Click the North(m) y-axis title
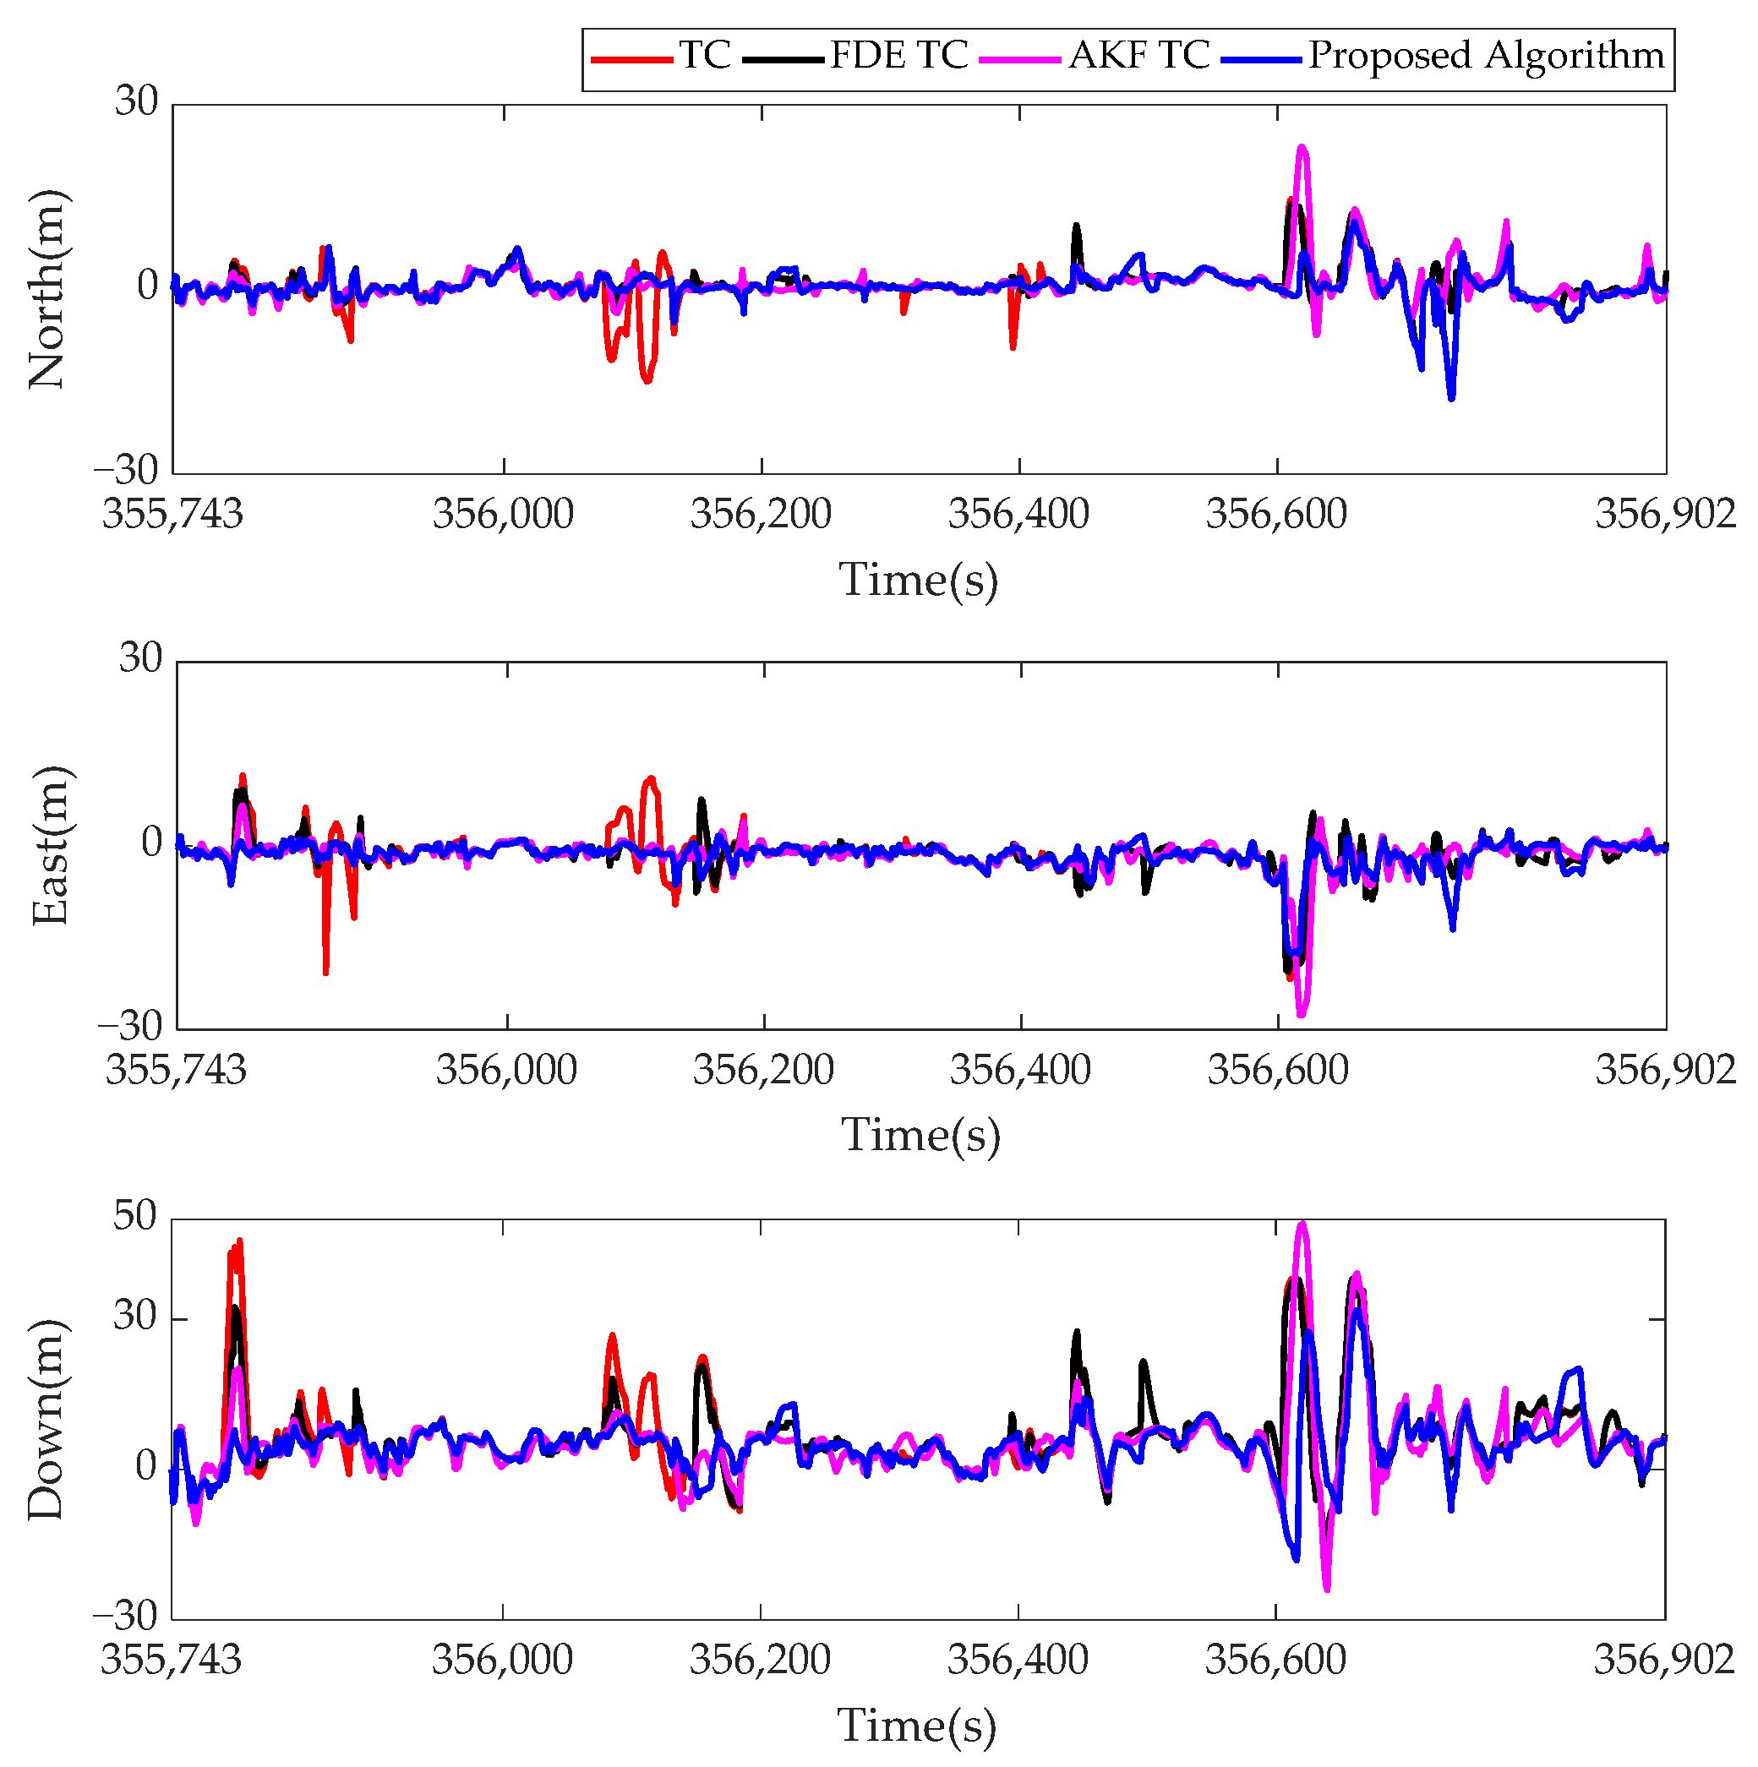point(47,289)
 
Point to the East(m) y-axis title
point(51,846)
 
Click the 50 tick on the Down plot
point(134,1219)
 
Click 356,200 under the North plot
point(760,515)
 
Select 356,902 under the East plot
point(1665,1071)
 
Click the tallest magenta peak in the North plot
point(1302,147)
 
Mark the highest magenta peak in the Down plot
point(1302,1224)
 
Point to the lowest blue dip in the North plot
point(1451,398)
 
